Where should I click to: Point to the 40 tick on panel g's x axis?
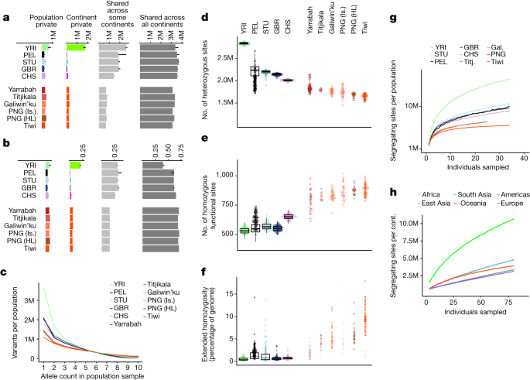coord(523,158)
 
